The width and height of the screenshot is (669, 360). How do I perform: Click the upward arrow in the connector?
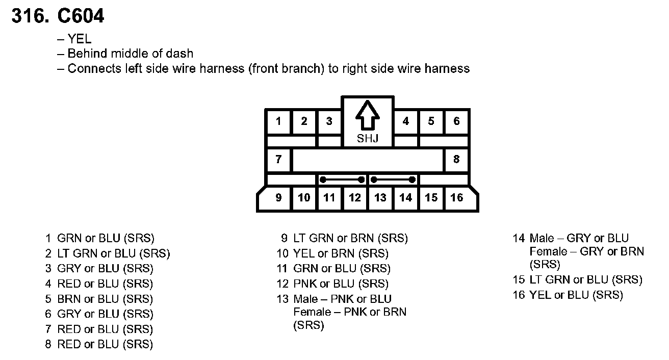click(367, 116)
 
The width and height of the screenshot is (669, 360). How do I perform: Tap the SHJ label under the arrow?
click(367, 138)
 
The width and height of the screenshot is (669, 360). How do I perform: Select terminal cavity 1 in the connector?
click(278, 121)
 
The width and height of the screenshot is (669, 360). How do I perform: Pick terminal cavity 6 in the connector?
click(456, 121)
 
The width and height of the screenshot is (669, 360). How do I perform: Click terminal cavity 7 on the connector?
click(278, 160)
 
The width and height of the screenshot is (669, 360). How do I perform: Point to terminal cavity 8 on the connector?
click(456, 160)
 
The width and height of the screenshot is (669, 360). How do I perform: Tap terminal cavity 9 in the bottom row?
click(278, 197)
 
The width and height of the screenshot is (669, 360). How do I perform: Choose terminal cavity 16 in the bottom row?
click(456, 197)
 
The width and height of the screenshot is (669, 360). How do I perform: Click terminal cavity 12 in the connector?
click(354, 197)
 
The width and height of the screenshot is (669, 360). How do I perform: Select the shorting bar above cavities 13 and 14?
click(393, 179)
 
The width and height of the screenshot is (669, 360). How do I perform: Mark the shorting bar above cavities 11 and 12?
click(342, 179)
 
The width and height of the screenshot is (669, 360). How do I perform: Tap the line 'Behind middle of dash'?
click(130, 54)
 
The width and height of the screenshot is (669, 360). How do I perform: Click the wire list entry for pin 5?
click(99, 299)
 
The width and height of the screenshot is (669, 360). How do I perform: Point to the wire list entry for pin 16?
click(568, 295)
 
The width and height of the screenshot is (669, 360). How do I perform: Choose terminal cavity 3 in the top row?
click(329, 121)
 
